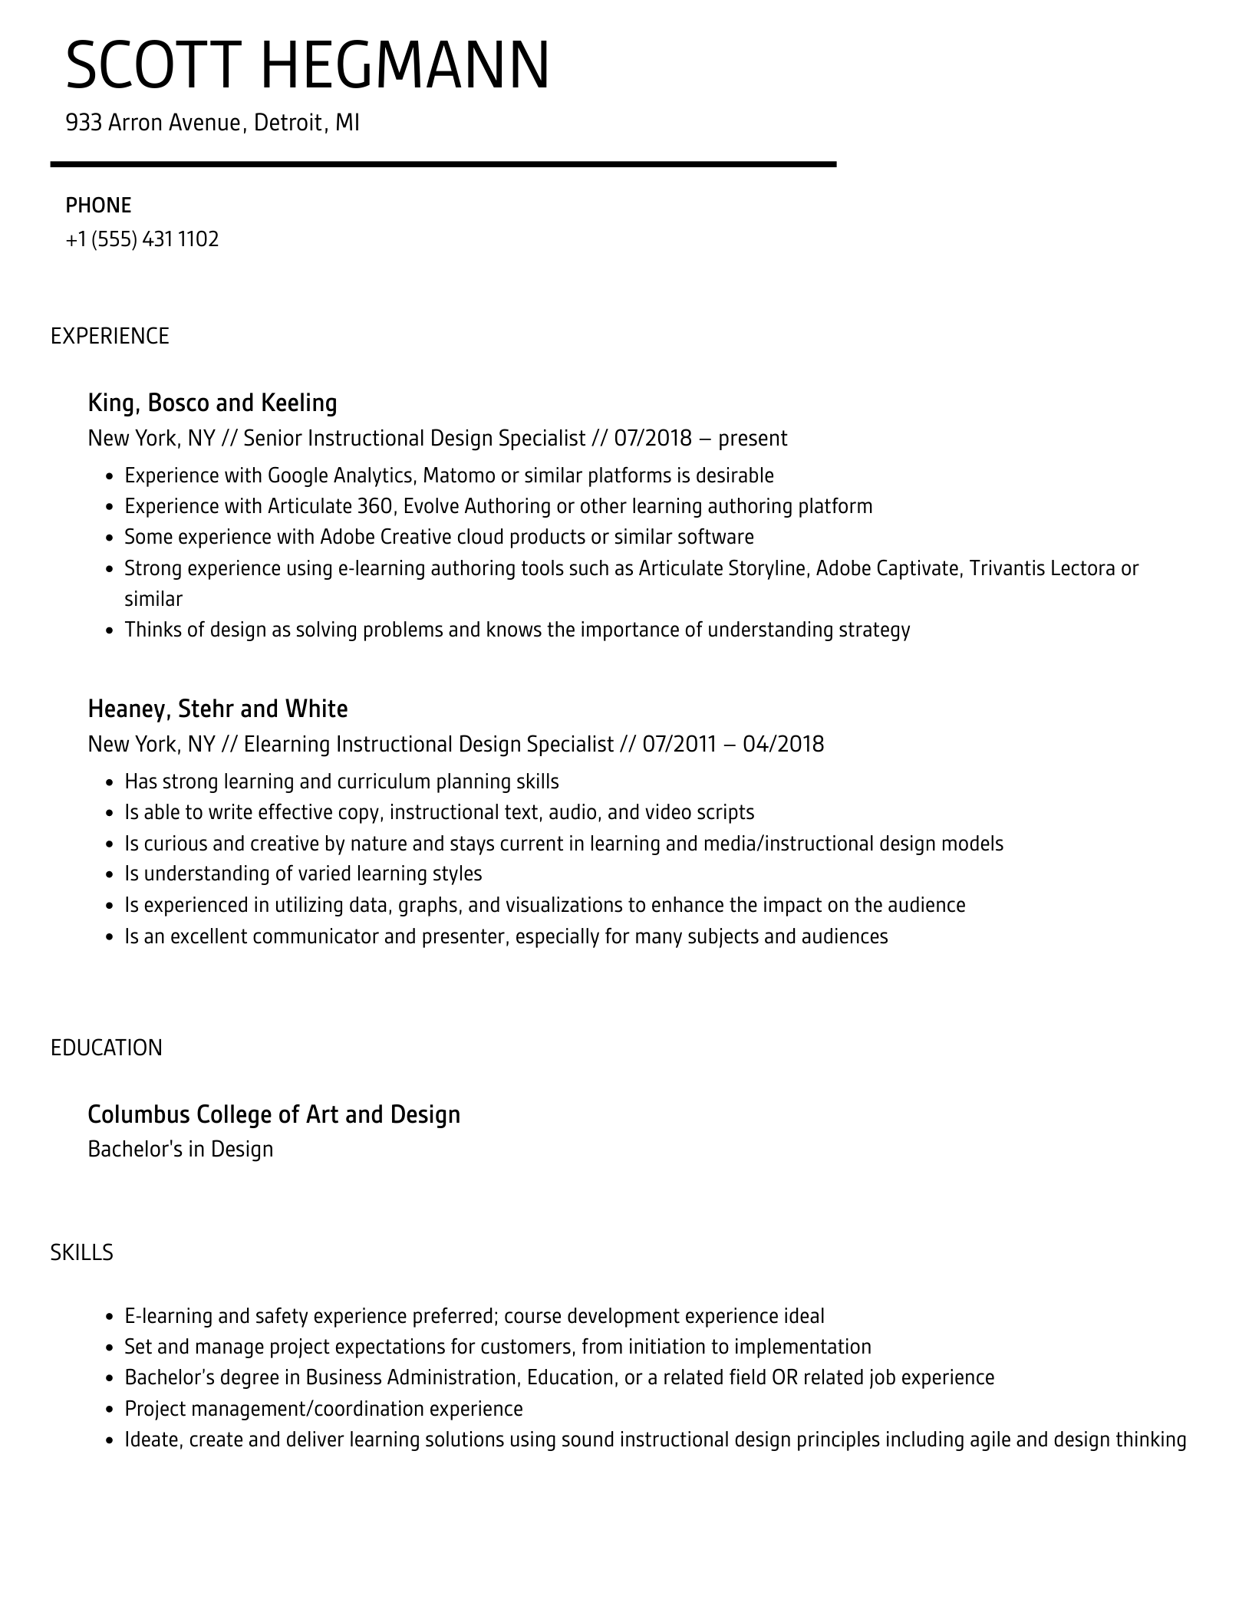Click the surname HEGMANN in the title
pyautogui.click(x=406, y=66)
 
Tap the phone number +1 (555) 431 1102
pyautogui.click(x=142, y=239)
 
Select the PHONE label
pyautogui.click(x=98, y=206)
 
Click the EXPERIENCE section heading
pyautogui.click(x=110, y=336)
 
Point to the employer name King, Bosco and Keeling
pyautogui.click(x=213, y=403)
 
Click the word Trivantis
pyautogui.click(x=1007, y=568)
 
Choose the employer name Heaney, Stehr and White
pyautogui.click(x=218, y=709)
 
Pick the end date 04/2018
pyautogui.click(x=783, y=745)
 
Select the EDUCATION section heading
pyautogui.click(x=107, y=1048)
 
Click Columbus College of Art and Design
pyautogui.click(x=274, y=1114)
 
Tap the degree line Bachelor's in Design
pyautogui.click(x=180, y=1150)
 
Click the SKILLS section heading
pyautogui.click(x=82, y=1252)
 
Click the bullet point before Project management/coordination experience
pyautogui.click(x=109, y=1410)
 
